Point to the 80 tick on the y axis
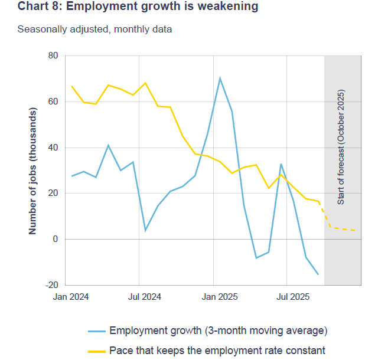coord(53,56)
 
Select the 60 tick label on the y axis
coord(53,102)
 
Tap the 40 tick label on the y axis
coord(53,148)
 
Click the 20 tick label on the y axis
coord(53,194)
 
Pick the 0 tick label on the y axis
coord(56,239)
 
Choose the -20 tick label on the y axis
coord(51,285)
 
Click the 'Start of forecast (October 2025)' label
coord(341,148)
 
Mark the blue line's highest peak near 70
coord(220,78)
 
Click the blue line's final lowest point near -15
coord(318,274)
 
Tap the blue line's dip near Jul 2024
coord(145,230)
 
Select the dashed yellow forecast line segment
coord(343,229)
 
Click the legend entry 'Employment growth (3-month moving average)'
coord(218,330)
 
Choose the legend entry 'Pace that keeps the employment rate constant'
coord(217,350)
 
